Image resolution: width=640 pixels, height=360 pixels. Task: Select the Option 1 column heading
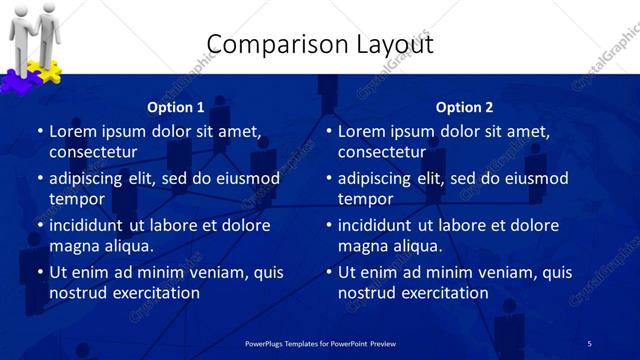(x=175, y=107)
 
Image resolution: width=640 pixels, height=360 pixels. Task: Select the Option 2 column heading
(x=464, y=107)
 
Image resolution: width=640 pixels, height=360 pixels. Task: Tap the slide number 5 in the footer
(x=589, y=343)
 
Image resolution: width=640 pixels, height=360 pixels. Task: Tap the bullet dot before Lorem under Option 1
(x=40, y=131)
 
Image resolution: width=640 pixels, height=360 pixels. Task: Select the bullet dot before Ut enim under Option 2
(x=329, y=272)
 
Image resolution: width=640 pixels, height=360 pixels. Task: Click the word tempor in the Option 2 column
(x=362, y=199)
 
